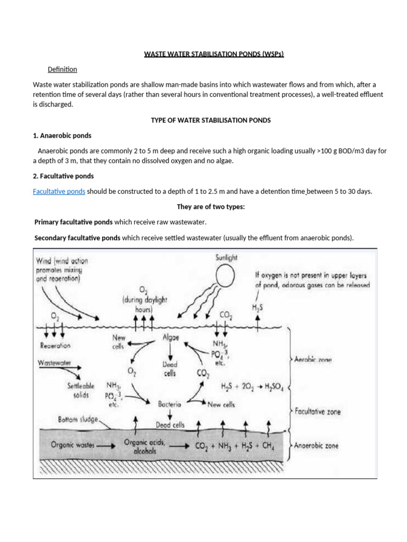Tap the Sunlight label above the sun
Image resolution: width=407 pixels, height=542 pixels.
(x=226, y=258)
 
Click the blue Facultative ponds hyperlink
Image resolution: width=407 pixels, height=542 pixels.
(x=59, y=191)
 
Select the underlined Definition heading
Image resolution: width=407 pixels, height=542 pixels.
(x=62, y=69)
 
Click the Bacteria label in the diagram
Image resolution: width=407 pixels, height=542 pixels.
(x=170, y=404)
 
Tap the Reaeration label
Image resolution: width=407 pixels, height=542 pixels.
(x=55, y=345)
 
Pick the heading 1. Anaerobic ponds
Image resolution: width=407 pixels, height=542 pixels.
(x=62, y=135)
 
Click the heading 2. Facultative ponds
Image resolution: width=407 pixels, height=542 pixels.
(x=63, y=176)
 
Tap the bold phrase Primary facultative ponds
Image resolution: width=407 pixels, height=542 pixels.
(x=74, y=222)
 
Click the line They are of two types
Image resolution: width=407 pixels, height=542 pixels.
(x=210, y=207)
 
